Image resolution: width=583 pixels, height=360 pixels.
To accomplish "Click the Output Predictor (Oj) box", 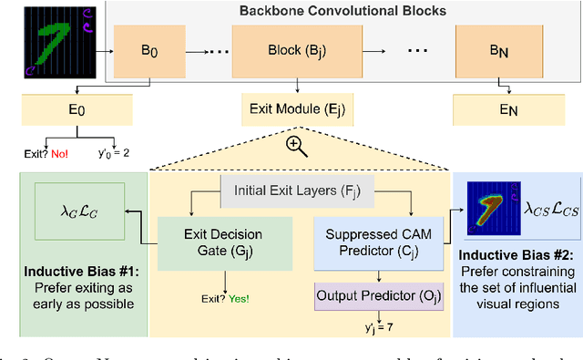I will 384,296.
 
